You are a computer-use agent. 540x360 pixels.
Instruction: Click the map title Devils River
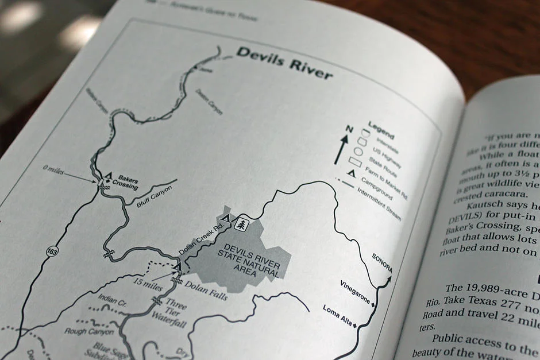coord(284,62)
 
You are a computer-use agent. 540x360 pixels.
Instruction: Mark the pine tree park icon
coord(242,224)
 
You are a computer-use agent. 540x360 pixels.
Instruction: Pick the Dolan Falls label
coord(206,289)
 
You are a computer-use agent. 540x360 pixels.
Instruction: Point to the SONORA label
coord(382,262)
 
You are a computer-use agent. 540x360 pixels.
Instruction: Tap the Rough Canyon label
coord(88,331)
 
